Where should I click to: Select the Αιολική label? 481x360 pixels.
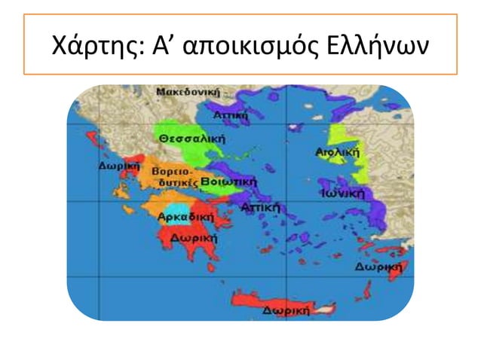(x=337, y=151)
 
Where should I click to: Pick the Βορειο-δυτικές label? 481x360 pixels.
(x=174, y=177)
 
